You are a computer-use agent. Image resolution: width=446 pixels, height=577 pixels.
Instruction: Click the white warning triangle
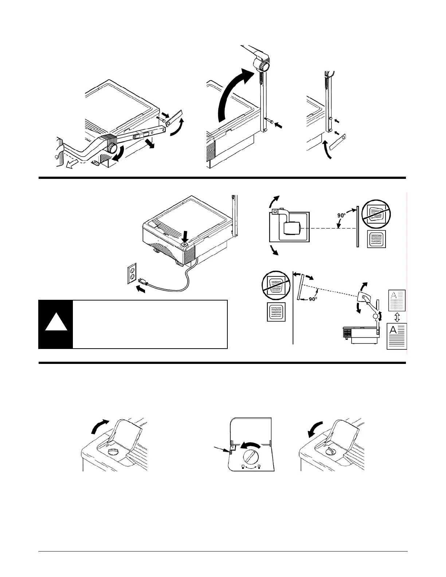pos(56,322)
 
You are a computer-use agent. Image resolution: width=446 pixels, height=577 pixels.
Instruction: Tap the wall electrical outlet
pos(132,273)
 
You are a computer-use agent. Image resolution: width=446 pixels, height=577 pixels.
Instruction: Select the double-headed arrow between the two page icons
pos(397,317)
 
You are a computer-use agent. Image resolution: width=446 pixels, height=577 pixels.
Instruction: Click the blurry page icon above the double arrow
pos(397,300)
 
